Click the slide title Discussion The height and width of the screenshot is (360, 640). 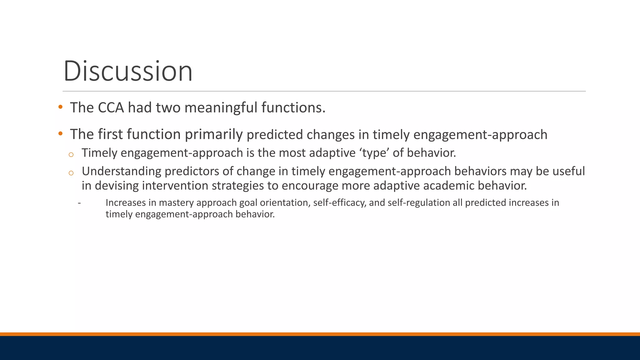[128, 71]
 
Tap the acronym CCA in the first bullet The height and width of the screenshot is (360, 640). [111, 108]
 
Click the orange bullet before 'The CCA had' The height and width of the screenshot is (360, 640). [60, 107]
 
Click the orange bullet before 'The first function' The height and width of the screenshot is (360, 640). [60, 134]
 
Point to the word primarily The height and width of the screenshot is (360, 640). [214, 135]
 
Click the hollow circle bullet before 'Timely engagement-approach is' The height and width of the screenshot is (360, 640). [71, 154]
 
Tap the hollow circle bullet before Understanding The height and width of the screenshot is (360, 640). [71, 173]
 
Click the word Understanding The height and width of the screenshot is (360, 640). [121, 171]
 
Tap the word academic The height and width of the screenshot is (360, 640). [448, 186]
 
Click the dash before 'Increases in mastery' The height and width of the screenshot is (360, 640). [79, 203]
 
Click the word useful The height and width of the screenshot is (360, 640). [569, 171]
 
